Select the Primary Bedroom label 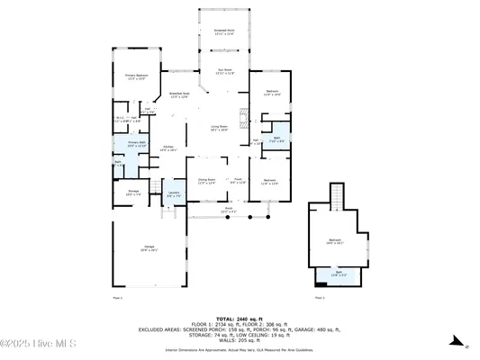[135, 78]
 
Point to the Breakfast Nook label [179, 94]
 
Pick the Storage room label [132, 192]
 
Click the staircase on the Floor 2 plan [337, 193]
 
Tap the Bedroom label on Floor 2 [335, 241]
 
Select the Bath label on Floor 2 [339, 274]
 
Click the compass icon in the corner [456, 343]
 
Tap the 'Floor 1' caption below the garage [117, 297]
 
